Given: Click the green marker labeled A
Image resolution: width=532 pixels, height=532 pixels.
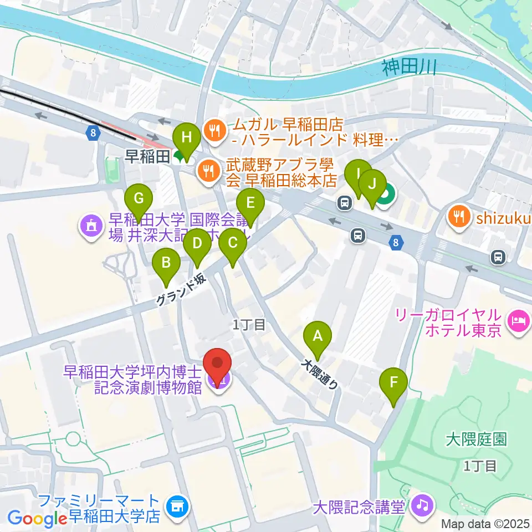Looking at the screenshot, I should (x=318, y=336).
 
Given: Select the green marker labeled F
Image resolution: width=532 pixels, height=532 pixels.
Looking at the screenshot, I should (x=393, y=382).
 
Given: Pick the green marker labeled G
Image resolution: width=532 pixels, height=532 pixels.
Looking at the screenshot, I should (x=139, y=198).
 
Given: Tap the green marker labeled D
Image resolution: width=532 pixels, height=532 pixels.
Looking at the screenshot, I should (x=197, y=243).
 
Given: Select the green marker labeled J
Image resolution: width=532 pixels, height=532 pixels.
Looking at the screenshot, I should (x=372, y=184).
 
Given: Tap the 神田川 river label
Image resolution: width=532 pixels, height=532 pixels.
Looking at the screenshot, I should (x=410, y=68).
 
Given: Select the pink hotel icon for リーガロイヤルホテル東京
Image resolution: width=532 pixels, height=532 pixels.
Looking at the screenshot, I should (x=520, y=320).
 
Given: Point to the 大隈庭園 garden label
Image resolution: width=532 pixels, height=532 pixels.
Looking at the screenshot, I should (x=476, y=440).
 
